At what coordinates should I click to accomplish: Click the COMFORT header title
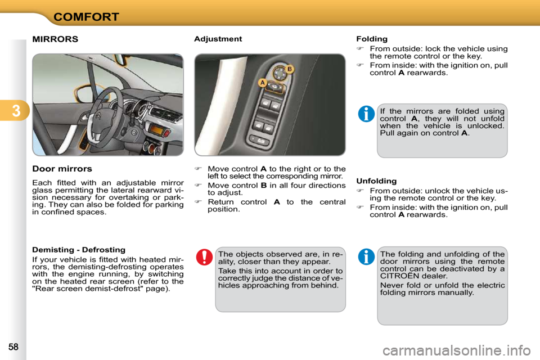pos(86,16)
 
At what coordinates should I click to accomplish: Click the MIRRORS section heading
pos(55,39)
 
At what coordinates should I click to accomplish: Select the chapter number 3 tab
pos(14,111)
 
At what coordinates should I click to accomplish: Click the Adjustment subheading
pos(218,39)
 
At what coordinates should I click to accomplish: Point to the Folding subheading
pos(372,39)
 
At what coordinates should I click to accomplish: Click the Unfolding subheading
pos(376,181)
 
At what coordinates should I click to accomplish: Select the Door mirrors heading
pos(62,169)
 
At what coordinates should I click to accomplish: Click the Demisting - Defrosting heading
pos(79,249)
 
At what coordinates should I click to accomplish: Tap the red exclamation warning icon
pos(204,258)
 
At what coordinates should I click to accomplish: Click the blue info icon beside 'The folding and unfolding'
pos(366,257)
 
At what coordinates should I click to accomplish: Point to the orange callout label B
pos(290,69)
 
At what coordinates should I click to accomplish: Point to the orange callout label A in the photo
pos(262,83)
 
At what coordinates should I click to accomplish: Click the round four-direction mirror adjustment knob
pos(279,72)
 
